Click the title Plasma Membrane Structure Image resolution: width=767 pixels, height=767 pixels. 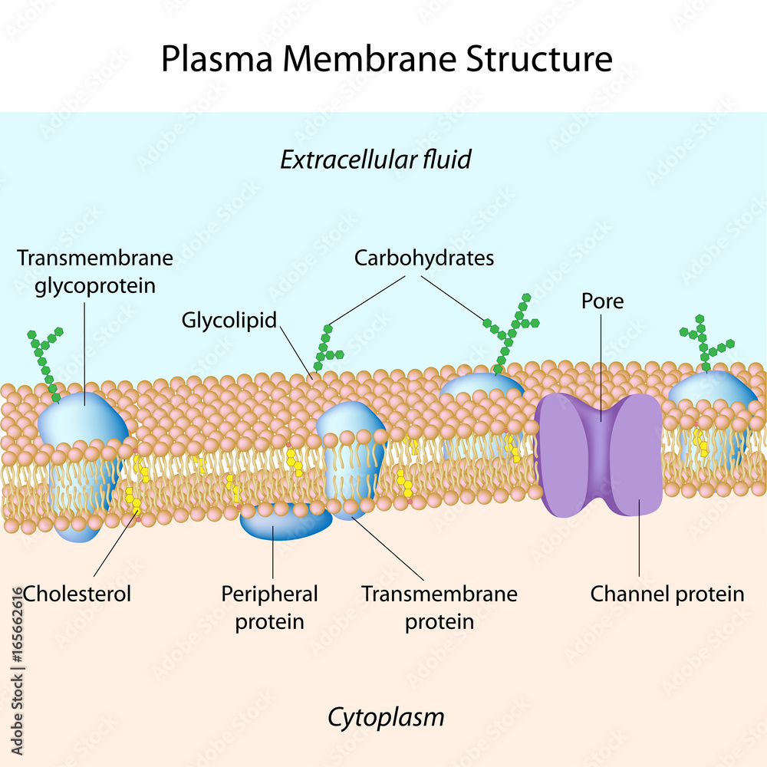point(387,59)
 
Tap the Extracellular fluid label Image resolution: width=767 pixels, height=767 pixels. point(375,160)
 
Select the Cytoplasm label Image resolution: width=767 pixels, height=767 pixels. point(386,717)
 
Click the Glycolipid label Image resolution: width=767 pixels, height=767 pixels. point(229,320)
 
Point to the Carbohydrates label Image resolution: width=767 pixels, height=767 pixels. point(423,258)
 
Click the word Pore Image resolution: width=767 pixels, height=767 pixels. point(602,301)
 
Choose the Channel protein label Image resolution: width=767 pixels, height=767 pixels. point(667,593)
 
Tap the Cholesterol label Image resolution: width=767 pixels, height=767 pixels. point(77,593)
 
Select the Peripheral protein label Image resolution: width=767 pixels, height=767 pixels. point(269,607)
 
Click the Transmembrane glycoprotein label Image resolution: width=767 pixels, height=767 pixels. point(95,272)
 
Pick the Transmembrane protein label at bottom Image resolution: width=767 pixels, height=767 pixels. point(439,607)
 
